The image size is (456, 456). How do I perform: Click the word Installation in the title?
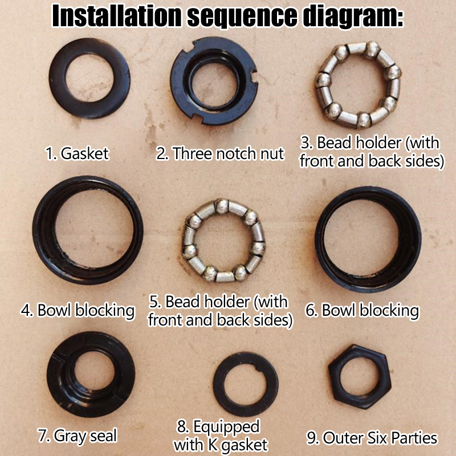click(117, 16)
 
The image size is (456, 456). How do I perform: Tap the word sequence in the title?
click(242, 17)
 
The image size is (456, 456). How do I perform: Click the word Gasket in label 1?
click(84, 153)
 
